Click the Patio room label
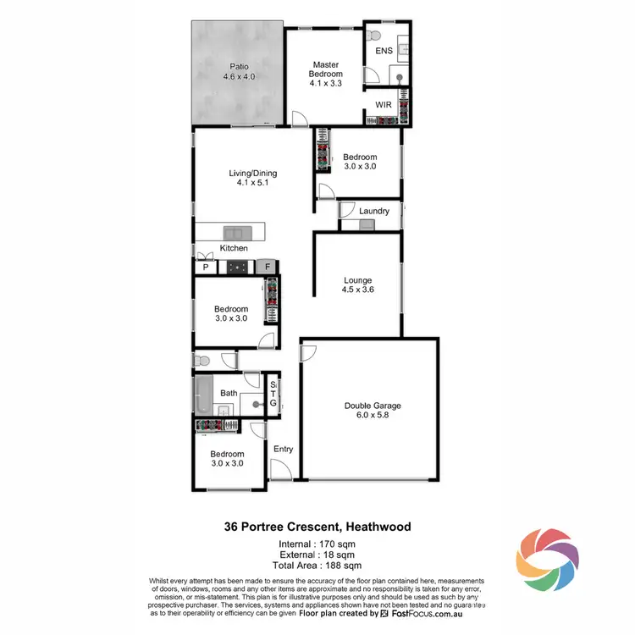tap(239, 71)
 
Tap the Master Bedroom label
tap(326, 74)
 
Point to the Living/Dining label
tap(252, 179)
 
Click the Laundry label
tap(373, 211)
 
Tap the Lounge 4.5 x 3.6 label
tap(358, 284)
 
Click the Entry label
tap(283, 449)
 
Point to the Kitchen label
tap(234, 248)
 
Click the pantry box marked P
tap(205, 268)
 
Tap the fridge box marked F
tap(267, 268)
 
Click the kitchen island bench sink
tap(234, 231)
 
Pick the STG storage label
tap(273, 395)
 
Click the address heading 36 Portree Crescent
tap(317, 526)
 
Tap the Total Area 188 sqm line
tap(317, 564)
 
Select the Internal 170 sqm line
tap(317, 544)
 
